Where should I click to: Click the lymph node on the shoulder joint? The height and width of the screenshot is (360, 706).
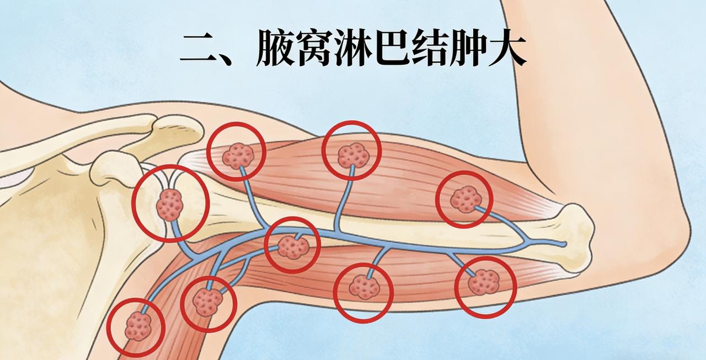point(170,205)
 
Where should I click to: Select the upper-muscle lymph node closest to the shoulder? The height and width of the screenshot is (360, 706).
point(238,157)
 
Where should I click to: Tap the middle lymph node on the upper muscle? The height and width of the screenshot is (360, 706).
point(353,155)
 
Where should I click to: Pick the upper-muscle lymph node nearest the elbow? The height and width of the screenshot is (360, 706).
point(465,199)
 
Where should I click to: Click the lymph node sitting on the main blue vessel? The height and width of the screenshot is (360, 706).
point(292,246)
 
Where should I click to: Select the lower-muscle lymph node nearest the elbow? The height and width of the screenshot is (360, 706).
point(485,282)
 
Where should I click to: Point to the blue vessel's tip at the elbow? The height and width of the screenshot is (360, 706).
point(564,243)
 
